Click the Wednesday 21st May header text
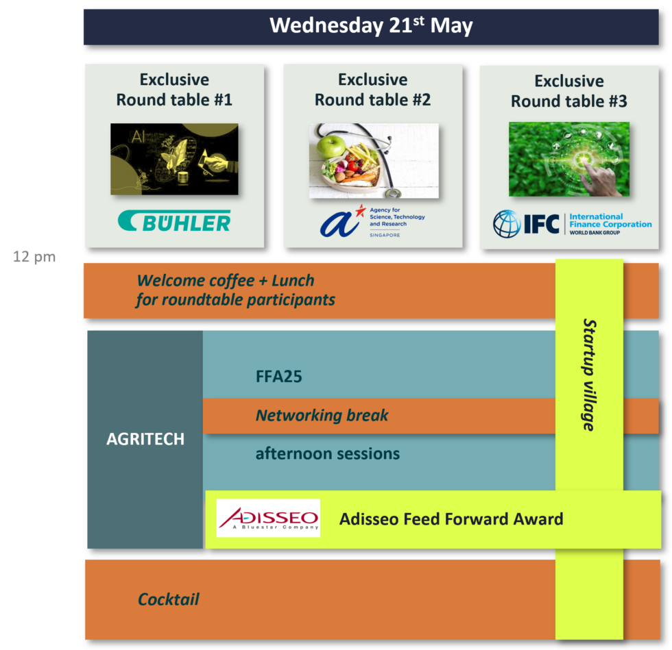coord(371,26)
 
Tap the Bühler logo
coord(174,221)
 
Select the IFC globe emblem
coord(507,223)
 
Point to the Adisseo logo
coord(268,518)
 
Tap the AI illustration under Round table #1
coord(174,159)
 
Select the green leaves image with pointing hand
coord(568,159)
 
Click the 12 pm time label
coord(34,258)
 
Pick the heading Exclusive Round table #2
coord(372,90)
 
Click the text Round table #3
coord(568,101)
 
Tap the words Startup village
coord(588,375)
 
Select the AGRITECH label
coord(145,439)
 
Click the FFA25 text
coord(278,377)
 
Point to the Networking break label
coord(322,415)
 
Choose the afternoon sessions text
coord(327,453)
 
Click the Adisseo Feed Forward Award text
coord(451,518)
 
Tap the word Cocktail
coord(169,599)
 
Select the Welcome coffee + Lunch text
coord(226,280)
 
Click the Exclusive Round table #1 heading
coord(174,90)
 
